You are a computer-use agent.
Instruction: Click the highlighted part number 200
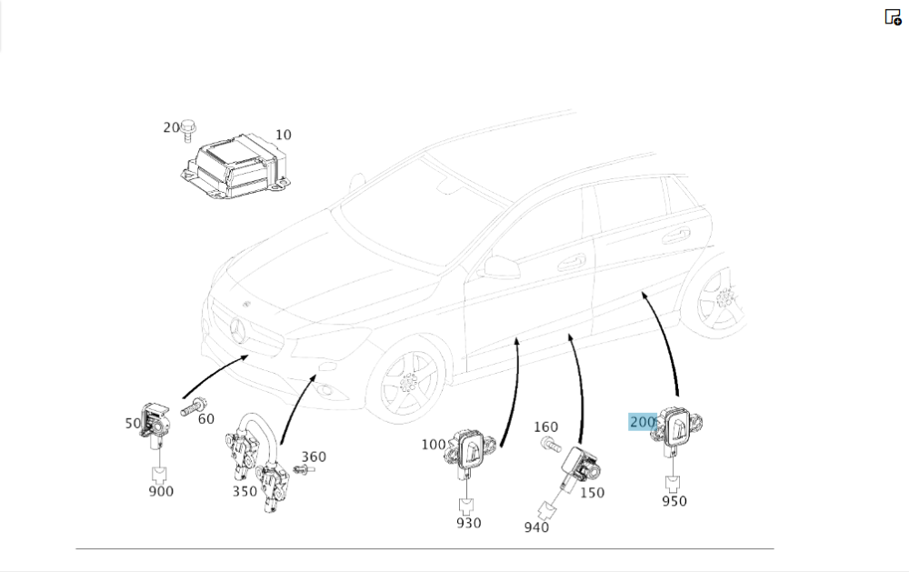pos(643,422)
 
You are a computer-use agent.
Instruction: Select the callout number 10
pos(283,135)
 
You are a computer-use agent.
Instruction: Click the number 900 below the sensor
pos(161,491)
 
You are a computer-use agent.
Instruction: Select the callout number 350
pos(245,491)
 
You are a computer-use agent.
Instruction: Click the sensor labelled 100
pos(472,449)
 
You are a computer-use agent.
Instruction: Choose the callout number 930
pos(469,523)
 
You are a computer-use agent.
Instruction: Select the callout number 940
pos(536,527)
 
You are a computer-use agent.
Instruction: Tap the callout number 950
pos(674,501)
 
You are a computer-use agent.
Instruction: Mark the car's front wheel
pos(410,383)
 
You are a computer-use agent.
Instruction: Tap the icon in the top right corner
pos(893,16)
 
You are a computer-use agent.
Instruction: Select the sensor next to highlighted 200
pos(678,427)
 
